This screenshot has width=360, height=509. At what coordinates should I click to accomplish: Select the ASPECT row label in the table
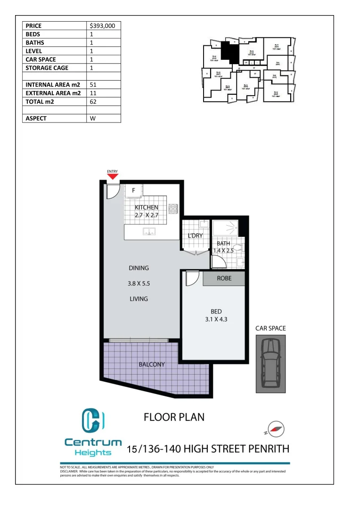[36, 118]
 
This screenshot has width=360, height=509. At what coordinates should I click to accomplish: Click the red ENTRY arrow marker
[113, 177]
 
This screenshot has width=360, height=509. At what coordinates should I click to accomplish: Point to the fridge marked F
[133, 191]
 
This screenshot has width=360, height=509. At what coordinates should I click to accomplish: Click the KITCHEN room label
[147, 207]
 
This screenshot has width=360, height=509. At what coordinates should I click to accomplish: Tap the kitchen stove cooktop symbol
[172, 208]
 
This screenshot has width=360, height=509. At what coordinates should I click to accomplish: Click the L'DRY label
[195, 235]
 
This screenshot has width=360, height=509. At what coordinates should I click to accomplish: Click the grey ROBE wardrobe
[224, 279]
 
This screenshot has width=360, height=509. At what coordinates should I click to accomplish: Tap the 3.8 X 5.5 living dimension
[139, 284]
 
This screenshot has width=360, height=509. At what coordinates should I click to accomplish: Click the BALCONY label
[151, 364]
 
